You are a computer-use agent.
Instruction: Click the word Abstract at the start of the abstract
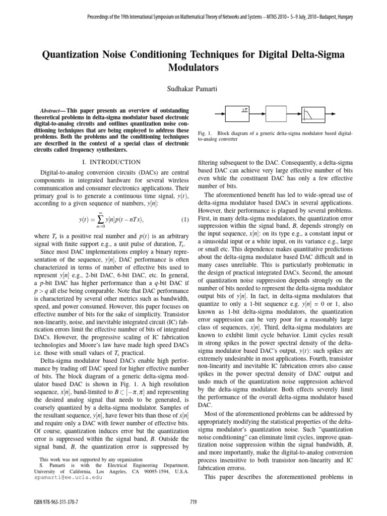point(51,109)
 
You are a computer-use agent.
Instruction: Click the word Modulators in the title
point(193,67)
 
